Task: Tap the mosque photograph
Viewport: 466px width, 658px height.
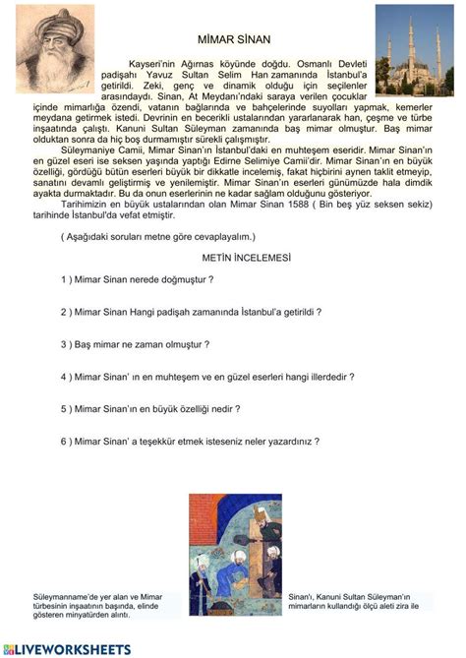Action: point(411,49)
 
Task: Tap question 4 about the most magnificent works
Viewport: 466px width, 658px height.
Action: point(206,376)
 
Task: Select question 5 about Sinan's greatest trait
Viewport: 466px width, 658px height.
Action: point(149,408)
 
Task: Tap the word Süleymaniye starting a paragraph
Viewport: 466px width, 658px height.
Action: point(88,150)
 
